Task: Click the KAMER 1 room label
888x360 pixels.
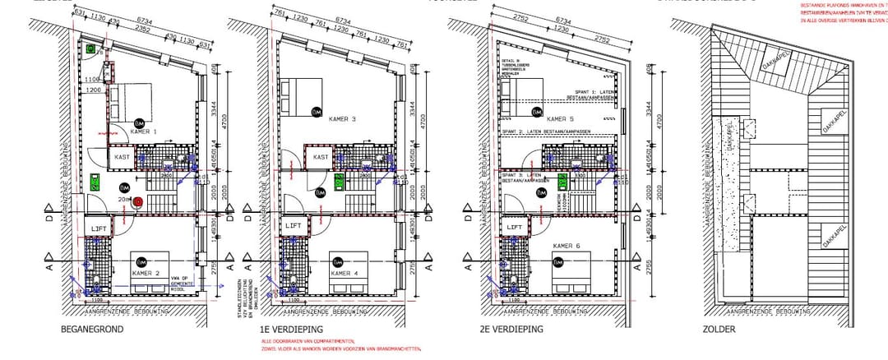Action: pos(143,132)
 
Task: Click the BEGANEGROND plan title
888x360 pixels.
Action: pos(92,330)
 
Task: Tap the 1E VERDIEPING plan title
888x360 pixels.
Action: pos(286,330)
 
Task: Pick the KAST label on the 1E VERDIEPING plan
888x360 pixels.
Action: pos(321,156)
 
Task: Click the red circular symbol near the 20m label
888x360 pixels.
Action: pos(137,201)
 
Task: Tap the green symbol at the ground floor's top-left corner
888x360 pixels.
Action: pos(90,49)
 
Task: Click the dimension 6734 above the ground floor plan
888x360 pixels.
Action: pos(144,20)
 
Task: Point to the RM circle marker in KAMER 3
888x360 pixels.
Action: pos(317,111)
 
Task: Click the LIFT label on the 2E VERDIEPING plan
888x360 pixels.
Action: pos(516,228)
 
